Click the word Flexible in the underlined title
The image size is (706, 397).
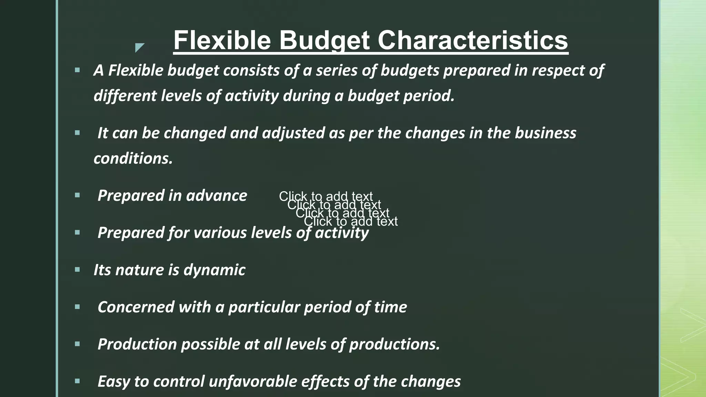pyautogui.click(x=222, y=40)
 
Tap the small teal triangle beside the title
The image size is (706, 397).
pyautogui.click(x=139, y=47)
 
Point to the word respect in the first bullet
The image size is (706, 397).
pyautogui.click(x=558, y=70)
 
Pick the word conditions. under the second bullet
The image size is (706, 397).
pyautogui.click(x=133, y=159)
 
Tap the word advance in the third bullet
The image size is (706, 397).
pyautogui.click(x=216, y=196)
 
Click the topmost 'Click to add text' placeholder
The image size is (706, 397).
pyautogui.click(x=325, y=196)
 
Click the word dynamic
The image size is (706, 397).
pyautogui.click(x=214, y=270)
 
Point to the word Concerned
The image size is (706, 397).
pyautogui.click(x=136, y=307)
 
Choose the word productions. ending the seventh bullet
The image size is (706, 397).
pyautogui.click(x=394, y=344)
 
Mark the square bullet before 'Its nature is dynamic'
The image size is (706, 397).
pyautogui.click(x=77, y=269)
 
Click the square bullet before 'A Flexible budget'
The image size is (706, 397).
pyautogui.click(x=77, y=70)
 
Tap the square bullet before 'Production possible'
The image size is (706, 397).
pyautogui.click(x=77, y=344)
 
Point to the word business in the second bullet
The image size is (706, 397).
pyautogui.click(x=545, y=133)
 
